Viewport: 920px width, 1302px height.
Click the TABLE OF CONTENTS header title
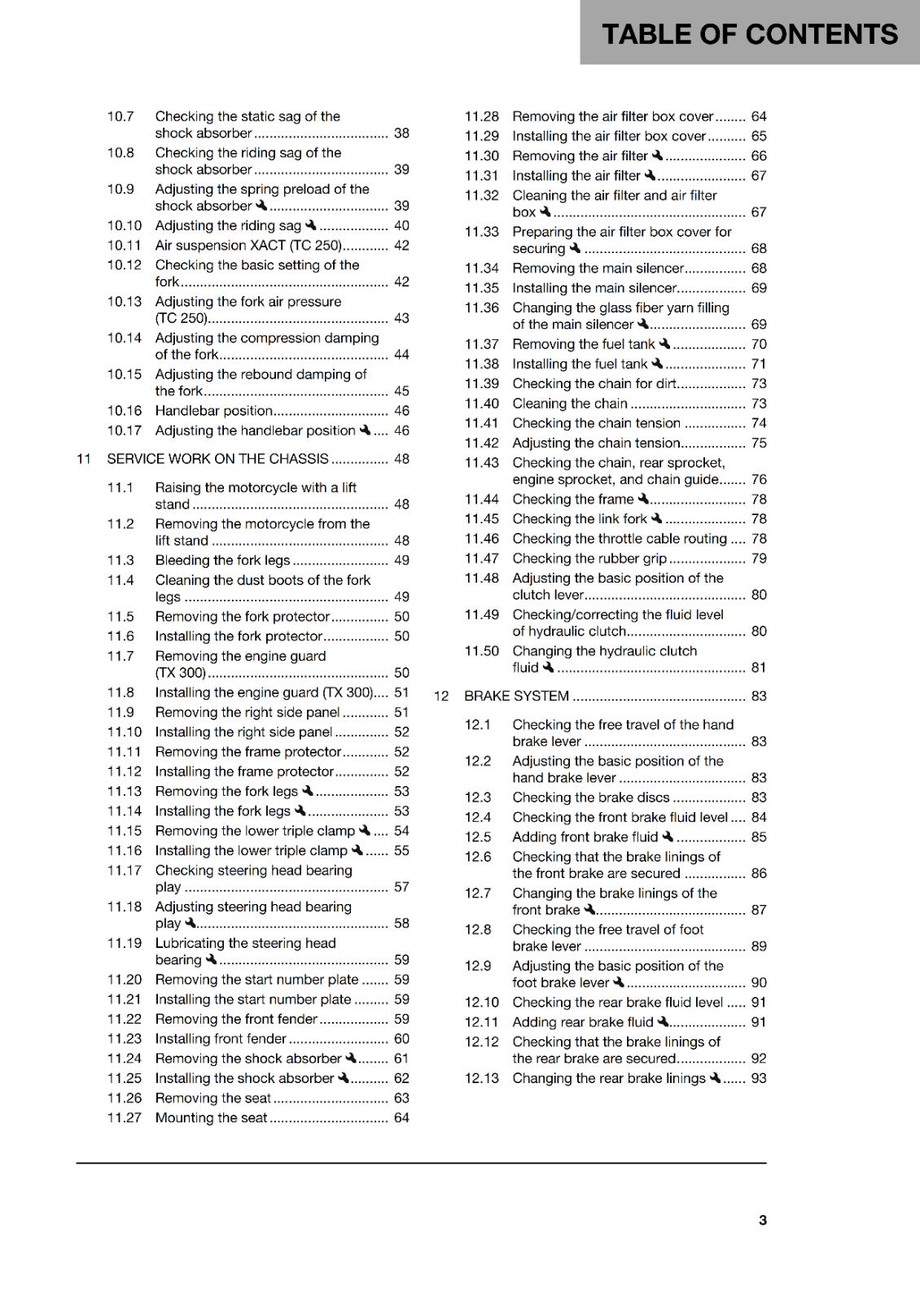click(x=749, y=34)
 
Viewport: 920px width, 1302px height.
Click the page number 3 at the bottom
click(x=762, y=1220)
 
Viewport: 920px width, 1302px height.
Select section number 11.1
click(x=120, y=487)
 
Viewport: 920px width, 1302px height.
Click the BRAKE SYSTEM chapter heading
click(x=516, y=696)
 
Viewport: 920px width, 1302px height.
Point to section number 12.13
click(x=481, y=1078)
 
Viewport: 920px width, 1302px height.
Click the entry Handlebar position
click(x=213, y=411)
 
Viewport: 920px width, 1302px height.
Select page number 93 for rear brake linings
click(x=758, y=1078)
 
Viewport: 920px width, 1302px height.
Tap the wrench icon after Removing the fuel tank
click(x=665, y=343)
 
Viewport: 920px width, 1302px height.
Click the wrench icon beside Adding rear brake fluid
click(x=663, y=1021)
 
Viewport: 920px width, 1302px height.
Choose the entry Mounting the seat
click(x=211, y=1118)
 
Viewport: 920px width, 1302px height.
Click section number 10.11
click(x=124, y=245)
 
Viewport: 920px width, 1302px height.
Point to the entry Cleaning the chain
click(x=569, y=404)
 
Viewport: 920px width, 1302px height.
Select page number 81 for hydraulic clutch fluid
click(x=758, y=667)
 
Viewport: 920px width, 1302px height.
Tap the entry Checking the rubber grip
click(x=589, y=558)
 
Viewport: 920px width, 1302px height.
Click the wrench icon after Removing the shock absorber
click(x=351, y=1058)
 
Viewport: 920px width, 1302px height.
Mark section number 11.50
click(x=481, y=651)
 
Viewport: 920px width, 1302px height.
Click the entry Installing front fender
click(x=221, y=1039)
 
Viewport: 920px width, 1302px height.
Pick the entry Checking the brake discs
click(x=590, y=797)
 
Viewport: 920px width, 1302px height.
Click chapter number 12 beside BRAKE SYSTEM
click(x=441, y=696)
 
